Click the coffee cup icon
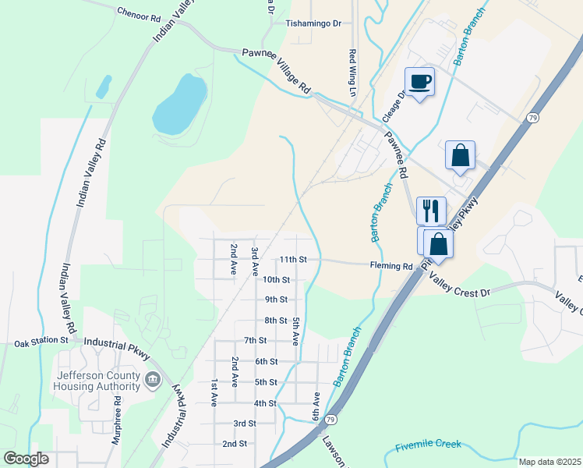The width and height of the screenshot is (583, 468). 419,82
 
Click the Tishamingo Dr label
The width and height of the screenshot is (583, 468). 314,23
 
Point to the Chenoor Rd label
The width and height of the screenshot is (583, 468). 138,13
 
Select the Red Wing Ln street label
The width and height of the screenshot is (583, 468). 352,67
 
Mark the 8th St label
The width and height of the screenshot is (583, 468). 276,321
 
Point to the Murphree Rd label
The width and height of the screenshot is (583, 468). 116,420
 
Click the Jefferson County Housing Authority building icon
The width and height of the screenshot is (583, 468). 152,381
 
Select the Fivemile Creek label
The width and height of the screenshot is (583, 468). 428,445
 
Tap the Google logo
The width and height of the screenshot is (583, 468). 26,459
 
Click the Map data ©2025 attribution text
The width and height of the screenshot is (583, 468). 549,462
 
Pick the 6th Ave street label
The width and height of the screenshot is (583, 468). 316,408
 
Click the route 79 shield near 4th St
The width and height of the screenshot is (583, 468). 330,420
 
